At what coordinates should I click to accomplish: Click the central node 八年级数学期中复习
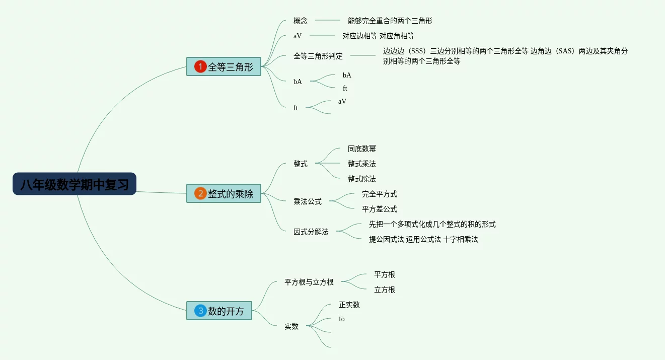point(75,184)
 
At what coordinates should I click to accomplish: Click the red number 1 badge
point(200,66)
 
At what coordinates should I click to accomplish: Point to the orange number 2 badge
point(200,193)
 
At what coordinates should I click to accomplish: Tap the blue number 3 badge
point(200,311)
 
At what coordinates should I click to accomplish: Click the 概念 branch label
point(301,21)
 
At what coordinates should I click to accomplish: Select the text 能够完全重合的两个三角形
point(390,21)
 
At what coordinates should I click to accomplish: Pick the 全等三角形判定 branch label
point(318,56)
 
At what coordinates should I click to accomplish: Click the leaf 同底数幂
point(361,149)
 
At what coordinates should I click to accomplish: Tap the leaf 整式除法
point(361,179)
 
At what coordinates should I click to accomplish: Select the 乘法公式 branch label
point(308,201)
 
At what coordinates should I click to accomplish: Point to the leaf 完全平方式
point(380,194)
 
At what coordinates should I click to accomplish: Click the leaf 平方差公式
point(380,209)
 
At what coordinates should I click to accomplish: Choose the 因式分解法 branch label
point(311,232)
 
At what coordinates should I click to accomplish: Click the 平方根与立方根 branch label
point(309,282)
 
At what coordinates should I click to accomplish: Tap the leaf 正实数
point(349,305)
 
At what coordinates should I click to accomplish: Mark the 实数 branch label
point(291,326)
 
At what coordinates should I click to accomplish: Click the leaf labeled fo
point(342,319)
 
